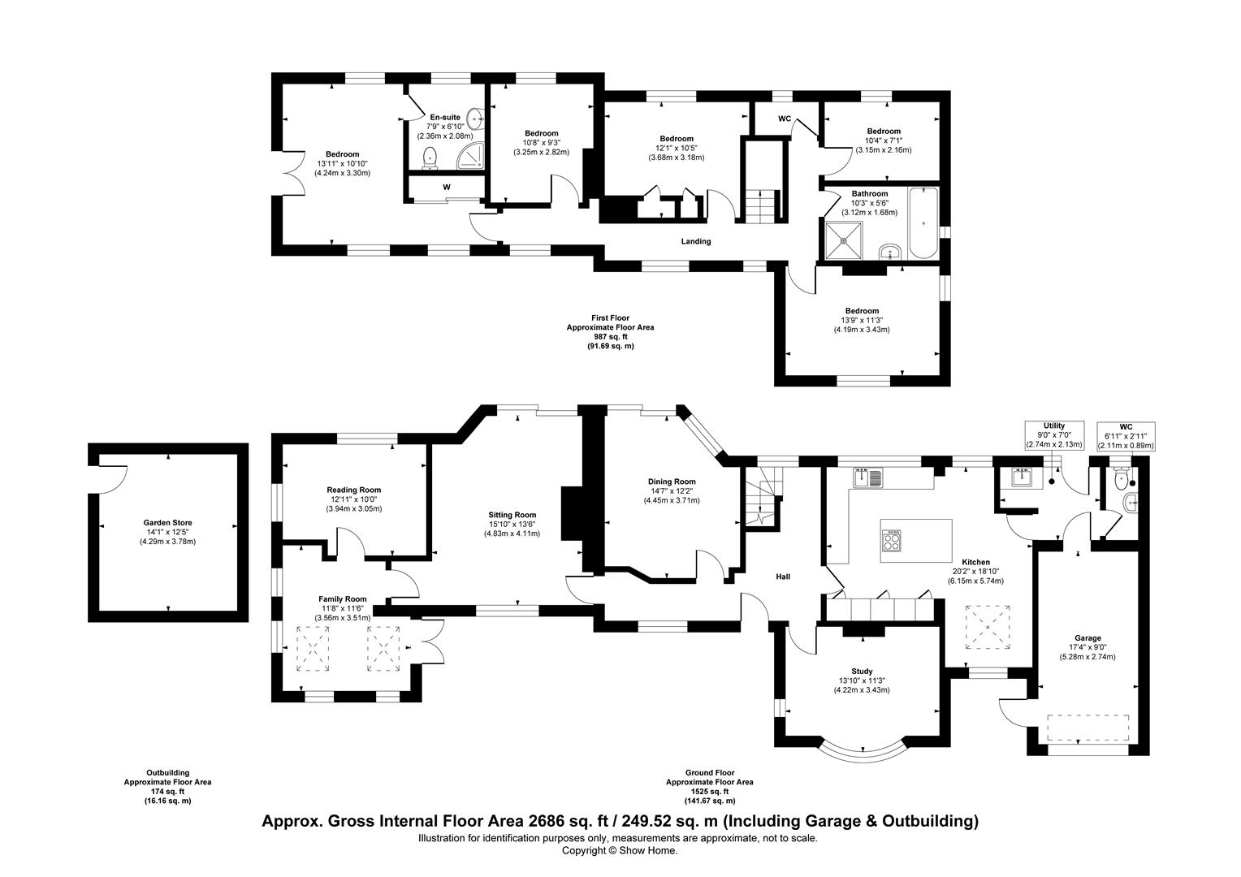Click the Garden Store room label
(167, 522)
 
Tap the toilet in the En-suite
(430, 158)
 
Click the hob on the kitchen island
(892, 540)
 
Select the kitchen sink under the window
(868, 478)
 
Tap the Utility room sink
(1023, 477)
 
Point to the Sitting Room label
(512, 515)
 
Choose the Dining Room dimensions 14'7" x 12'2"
(672, 490)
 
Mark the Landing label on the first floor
(696, 241)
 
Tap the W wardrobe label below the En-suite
(447, 188)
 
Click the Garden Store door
(112, 479)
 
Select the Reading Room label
(354, 490)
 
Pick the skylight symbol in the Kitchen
(988, 627)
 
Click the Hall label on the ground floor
(783, 577)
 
